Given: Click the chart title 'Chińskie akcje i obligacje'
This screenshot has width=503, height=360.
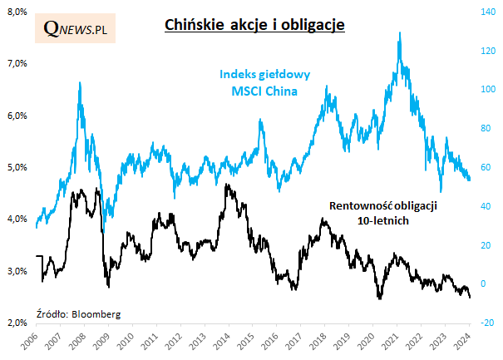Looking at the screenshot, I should click(249, 25).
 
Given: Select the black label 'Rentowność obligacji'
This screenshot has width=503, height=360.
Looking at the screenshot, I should click(383, 205).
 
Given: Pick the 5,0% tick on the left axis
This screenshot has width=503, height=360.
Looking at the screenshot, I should click(17, 166).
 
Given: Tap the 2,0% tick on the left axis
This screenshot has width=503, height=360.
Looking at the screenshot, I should click(17, 322).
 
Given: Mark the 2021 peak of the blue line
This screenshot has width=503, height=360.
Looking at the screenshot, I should click(401, 33).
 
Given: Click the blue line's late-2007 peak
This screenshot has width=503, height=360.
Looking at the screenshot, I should click(79, 82).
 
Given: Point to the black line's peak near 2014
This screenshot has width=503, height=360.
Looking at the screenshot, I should click(227, 185).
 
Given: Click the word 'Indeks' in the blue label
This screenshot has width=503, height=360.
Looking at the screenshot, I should click(237, 74).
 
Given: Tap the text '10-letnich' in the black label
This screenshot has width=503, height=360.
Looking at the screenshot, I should click(383, 221).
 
